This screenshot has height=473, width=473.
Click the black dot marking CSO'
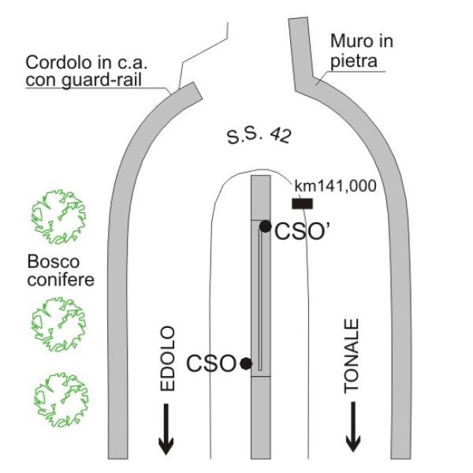pos(265,226)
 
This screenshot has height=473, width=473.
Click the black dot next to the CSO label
pos(246,363)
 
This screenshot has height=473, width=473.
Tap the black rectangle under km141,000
pos(302,203)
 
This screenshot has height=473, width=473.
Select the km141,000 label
pos(335,186)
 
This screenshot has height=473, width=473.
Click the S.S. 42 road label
pos(259,136)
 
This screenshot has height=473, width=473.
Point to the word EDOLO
pos(167,359)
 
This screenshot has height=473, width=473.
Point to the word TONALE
pos(352,356)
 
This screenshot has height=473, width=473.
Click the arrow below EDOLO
pos(166,429)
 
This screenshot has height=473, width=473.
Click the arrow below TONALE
pos(353,427)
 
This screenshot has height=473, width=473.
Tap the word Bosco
pos(54,262)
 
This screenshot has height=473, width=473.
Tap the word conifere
pos(61,280)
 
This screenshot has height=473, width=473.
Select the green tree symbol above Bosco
pos(58,217)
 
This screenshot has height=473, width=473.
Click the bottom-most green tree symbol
pos(61,400)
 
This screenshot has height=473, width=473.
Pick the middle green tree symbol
pos(58,324)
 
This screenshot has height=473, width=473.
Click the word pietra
pos(353,61)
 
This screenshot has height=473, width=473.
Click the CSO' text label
pos(302,231)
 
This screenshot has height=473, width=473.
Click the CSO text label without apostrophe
pos(211,363)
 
